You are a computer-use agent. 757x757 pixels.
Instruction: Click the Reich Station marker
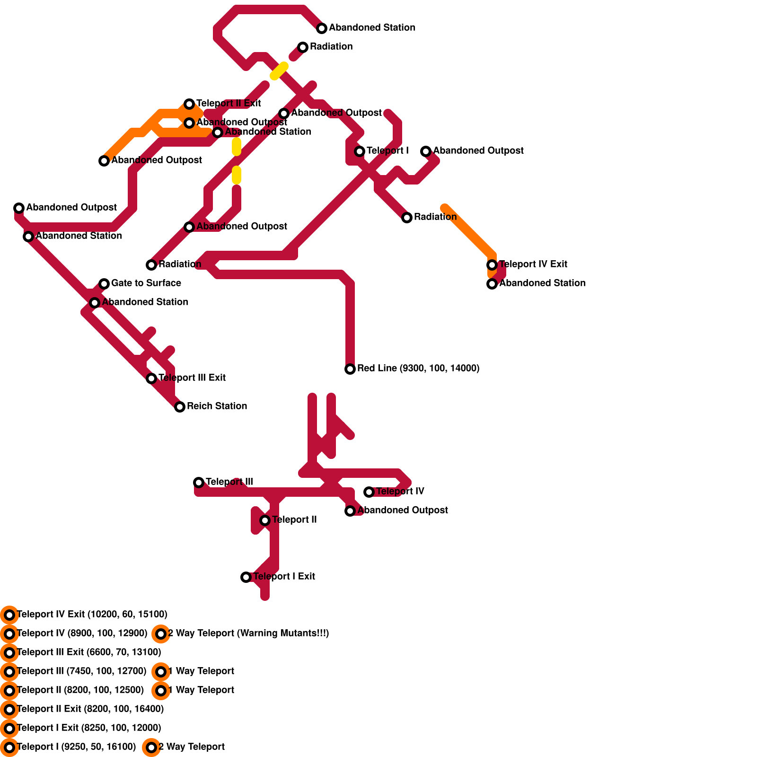pos(180,407)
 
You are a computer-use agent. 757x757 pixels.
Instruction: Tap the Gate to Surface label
pos(146,283)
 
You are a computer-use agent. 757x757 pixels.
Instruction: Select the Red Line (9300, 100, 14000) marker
pos(350,369)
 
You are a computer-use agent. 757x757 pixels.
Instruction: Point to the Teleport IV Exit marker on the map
pos(492,265)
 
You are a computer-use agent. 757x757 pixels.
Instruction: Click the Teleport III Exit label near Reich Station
pos(192,378)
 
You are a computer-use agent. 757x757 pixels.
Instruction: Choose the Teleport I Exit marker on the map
pos(246,577)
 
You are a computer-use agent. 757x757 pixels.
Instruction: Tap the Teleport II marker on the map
pos(265,520)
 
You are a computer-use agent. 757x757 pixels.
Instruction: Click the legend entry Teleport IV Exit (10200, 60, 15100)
pos(92,614)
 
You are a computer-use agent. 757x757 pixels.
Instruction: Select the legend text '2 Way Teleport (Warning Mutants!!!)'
pos(248,633)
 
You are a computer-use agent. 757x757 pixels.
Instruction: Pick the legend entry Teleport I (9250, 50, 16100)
pos(76,747)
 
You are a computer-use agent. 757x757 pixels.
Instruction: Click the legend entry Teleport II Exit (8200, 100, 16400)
pos(90,709)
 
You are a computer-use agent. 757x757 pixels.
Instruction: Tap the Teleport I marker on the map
pos(360,151)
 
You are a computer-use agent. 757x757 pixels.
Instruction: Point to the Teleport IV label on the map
pos(400,491)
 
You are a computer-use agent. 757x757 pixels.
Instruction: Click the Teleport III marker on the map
pos(199,483)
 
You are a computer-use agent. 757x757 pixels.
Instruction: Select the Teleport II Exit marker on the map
pos(189,104)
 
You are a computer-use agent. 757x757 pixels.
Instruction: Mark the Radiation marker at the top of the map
pos(303,47)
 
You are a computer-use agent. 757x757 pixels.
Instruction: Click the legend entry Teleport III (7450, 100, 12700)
pos(81,671)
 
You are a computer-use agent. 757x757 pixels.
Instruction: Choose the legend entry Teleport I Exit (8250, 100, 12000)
pos(88,728)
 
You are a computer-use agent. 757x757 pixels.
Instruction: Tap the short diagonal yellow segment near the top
pos(279,71)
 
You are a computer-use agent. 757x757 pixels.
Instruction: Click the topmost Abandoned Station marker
pos(322,28)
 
